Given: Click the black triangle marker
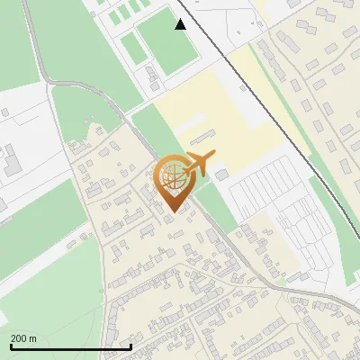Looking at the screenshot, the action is point(181,24).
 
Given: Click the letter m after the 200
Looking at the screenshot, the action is point(33,338).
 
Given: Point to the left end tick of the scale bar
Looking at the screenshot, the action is point(11,346).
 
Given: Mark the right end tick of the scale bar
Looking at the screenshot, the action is point(131,346).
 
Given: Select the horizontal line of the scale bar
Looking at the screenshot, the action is point(71,346).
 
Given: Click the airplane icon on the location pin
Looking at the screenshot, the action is point(198,163).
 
